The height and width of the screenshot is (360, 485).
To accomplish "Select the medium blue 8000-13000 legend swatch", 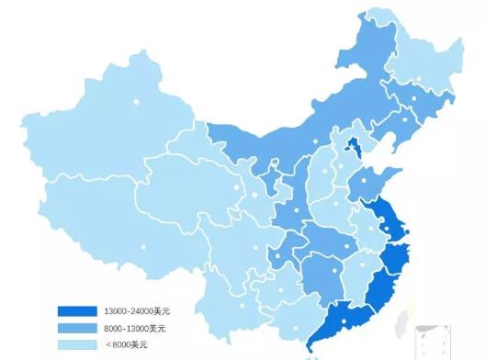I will point(76,328).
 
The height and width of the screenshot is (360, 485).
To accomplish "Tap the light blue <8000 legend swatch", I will point(76,344).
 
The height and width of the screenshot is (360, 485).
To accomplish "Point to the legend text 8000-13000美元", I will point(134,328).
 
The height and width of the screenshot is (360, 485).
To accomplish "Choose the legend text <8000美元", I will point(125,344).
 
